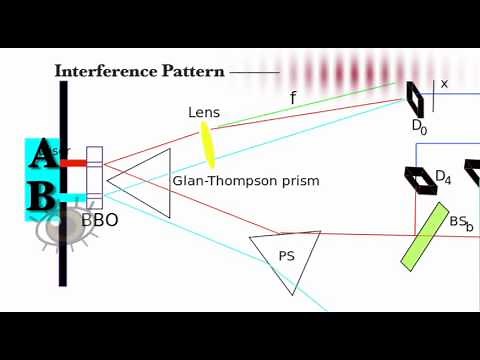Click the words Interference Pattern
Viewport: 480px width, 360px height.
(140, 71)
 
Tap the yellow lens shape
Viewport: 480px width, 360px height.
(209, 144)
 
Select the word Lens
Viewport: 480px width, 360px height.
(204, 113)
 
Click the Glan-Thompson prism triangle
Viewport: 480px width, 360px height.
(144, 181)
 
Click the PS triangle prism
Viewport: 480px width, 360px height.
(285, 259)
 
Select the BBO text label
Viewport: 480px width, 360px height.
(99, 219)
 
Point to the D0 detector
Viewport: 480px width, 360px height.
(415, 98)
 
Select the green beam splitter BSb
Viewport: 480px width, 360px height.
(424, 236)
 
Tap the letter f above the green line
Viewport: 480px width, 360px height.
(293, 98)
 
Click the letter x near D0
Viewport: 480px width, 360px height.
(444, 84)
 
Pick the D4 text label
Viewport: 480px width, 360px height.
(442, 178)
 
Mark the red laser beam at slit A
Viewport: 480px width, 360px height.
(73, 162)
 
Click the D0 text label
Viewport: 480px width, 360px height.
(420, 126)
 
